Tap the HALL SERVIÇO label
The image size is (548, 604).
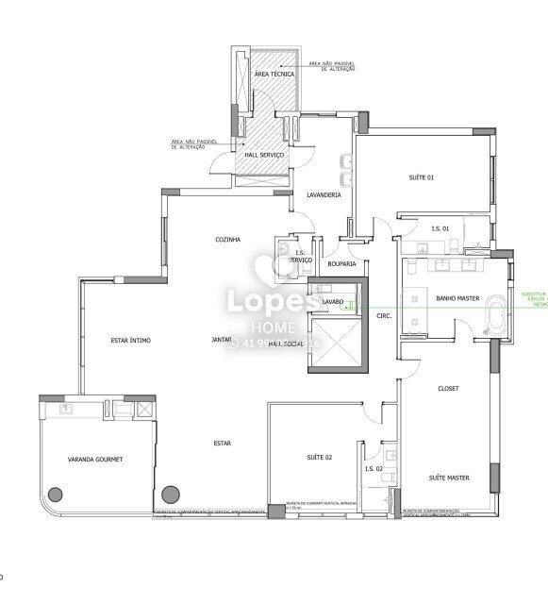click(264, 154)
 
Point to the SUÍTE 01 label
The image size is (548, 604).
click(421, 177)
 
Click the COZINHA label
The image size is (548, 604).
click(227, 240)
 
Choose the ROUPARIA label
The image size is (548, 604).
click(341, 264)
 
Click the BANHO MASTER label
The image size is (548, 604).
click(454, 298)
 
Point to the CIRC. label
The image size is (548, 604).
click(383, 315)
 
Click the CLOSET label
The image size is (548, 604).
click(449, 389)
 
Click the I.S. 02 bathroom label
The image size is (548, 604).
click(373, 469)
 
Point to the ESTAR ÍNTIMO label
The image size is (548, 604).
click(131, 340)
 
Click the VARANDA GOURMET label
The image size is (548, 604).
click(95, 459)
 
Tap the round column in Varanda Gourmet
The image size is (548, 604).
click(56, 493)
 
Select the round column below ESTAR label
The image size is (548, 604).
click(171, 493)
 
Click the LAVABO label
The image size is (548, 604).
click(332, 302)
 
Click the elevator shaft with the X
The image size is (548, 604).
click(335, 344)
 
